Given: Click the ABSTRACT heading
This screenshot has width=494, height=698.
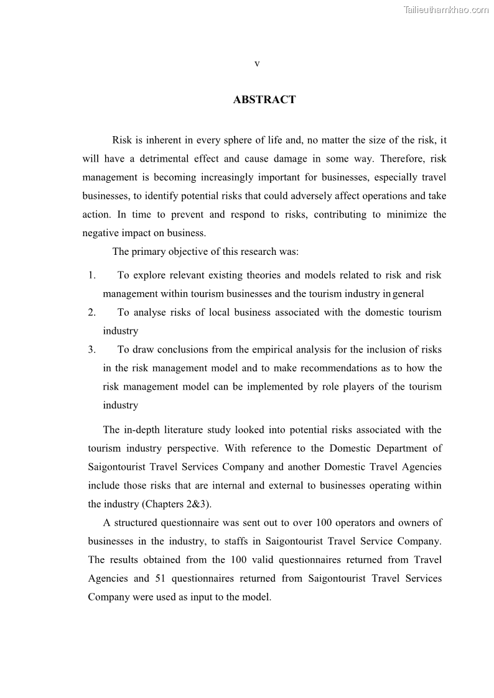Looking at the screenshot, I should click(x=264, y=99).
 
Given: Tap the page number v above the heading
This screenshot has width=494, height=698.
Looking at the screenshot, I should click(x=257, y=63).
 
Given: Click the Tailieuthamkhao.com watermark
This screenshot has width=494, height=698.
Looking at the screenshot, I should click(x=446, y=9).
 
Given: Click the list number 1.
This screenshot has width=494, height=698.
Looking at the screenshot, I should click(x=91, y=275).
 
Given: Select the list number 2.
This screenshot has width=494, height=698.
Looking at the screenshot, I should click(x=91, y=313).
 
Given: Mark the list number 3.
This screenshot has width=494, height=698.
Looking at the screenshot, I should click(x=91, y=350).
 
